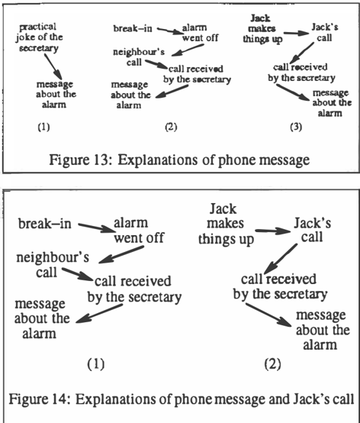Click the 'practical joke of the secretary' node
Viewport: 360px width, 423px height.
(x=39, y=37)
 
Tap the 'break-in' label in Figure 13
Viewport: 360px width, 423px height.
(x=133, y=28)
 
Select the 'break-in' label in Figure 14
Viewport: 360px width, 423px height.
(x=45, y=224)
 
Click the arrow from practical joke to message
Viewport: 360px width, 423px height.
(x=53, y=66)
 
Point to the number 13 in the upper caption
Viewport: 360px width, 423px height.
(x=100, y=160)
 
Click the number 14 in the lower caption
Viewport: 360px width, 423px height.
(x=60, y=399)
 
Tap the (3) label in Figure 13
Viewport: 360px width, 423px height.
(x=296, y=127)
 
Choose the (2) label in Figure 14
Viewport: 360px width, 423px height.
(x=272, y=364)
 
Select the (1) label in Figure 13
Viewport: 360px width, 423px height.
(x=43, y=127)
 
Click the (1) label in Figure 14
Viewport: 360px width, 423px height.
(x=96, y=364)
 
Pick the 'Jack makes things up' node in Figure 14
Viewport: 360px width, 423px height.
(x=226, y=224)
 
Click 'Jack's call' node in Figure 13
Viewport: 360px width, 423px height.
(x=325, y=32)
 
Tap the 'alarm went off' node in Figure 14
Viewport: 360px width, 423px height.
(x=139, y=231)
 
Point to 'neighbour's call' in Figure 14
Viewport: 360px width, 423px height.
(x=53, y=265)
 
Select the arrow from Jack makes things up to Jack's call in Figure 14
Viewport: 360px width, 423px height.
(x=273, y=231)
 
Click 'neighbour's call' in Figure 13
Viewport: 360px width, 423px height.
(x=139, y=57)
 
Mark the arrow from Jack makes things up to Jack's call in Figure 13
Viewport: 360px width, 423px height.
(x=296, y=33)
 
